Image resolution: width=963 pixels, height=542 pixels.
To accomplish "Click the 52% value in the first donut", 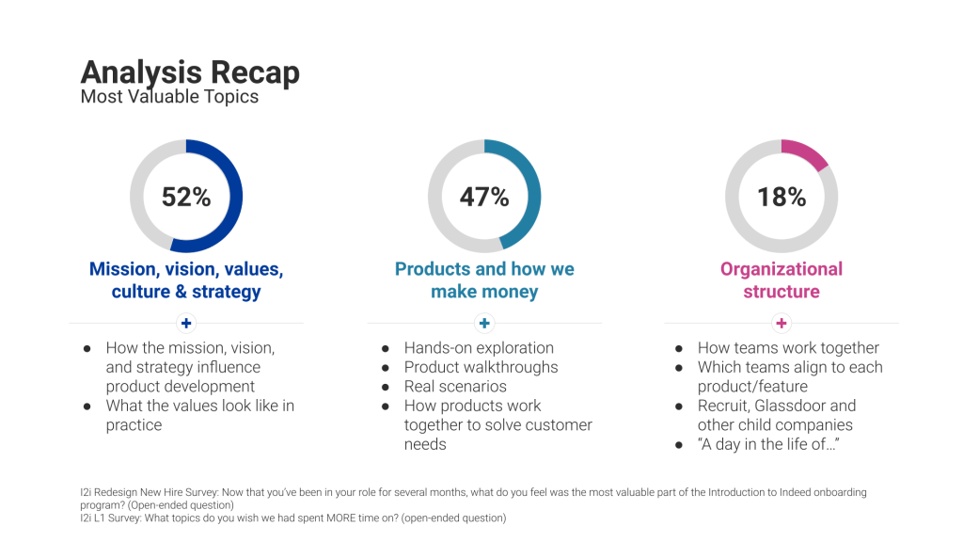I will coord(186,197).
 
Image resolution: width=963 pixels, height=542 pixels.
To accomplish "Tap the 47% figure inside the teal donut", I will coord(484,197).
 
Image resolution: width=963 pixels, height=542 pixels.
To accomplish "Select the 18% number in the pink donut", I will coord(781,197).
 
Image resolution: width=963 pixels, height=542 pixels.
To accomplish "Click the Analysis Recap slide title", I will coord(190,72).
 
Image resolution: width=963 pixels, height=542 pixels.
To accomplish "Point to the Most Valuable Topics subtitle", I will coord(169,96).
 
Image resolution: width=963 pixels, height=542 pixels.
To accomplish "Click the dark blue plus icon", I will coord(186,323).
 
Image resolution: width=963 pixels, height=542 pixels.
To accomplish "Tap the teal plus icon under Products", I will coord(484,323).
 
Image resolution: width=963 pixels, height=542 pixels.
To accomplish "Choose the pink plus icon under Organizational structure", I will coord(781,323).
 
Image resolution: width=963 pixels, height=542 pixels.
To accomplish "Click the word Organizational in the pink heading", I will coord(781,269).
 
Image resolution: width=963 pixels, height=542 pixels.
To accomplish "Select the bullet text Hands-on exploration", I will coord(479,348).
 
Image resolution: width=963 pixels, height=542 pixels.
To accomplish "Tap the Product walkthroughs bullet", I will coord(481,367).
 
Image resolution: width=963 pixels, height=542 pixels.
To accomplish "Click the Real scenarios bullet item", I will coord(455,387).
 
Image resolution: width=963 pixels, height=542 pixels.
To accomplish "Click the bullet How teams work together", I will coord(788,348).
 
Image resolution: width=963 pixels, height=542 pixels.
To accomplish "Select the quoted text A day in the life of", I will coord(767,444).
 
